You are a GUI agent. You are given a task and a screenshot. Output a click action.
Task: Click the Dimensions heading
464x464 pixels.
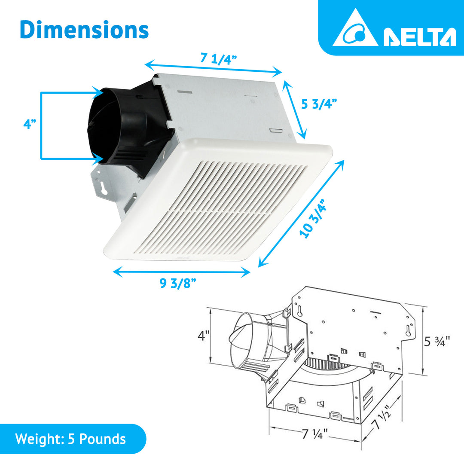point(84,30)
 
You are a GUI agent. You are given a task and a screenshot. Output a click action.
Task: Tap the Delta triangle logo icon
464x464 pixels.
point(355,30)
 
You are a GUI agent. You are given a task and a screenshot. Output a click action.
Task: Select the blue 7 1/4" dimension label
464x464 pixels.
point(219,59)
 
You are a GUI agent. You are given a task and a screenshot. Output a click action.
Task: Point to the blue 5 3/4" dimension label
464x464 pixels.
point(319,104)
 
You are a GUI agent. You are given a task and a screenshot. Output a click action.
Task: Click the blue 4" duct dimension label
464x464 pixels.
point(30,125)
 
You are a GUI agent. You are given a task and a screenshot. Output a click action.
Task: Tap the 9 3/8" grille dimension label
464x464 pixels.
point(178,284)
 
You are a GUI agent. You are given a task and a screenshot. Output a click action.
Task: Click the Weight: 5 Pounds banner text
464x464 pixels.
point(70,439)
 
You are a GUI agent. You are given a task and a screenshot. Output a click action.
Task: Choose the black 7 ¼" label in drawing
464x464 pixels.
point(315,434)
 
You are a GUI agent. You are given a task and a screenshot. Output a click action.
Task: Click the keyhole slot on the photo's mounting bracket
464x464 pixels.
point(104,188)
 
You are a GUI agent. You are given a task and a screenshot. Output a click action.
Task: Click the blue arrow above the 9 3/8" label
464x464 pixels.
point(181,272)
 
